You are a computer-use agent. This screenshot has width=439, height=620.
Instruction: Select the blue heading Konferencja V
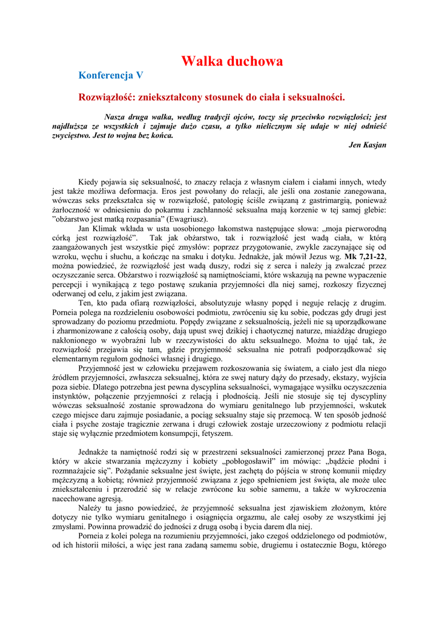pyautogui.click(x=111, y=76)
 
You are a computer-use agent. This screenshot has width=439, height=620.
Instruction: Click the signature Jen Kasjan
pyautogui.click(x=368, y=145)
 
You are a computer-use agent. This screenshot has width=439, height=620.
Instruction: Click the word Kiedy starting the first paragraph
pyautogui.click(x=89, y=182)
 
